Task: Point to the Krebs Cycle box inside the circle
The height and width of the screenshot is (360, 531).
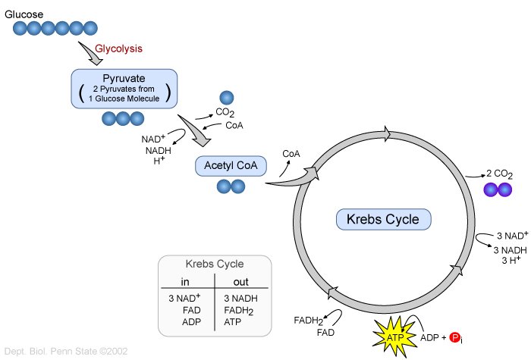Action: pyautogui.click(x=384, y=220)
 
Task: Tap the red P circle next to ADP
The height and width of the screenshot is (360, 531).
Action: pyautogui.click(x=456, y=337)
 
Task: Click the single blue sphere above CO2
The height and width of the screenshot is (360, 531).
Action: pyautogui.click(x=227, y=97)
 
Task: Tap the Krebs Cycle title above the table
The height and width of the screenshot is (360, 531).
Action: pyautogui.click(x=215, y=265)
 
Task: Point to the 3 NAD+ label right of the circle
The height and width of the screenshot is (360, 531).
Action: pyautogui.click(x=511, y=236)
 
